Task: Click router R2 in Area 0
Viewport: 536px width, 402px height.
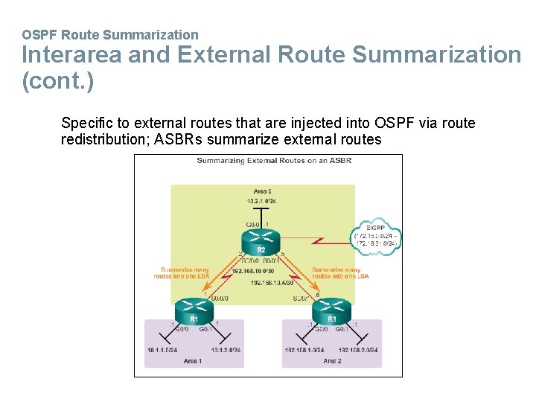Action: pyautogui.click(x=261, y=242)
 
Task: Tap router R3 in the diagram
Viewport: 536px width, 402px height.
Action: pyautogui.click(x=332, y=310)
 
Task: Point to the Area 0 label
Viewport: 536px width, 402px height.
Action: pyautogui.click(x=261, y=191)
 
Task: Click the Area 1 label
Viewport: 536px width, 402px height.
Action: pyautogui.click(x=192, y=361)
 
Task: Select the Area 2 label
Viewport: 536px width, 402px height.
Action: pyautogui.click(x=332, y=361)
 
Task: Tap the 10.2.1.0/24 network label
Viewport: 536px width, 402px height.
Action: pyautogui.click(x=261, y=201)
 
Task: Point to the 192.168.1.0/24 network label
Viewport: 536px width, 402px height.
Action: pyautogui.click(x=304, y=350)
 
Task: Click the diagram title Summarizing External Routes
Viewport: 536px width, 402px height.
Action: pyautogui.click(x=264, y=160)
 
